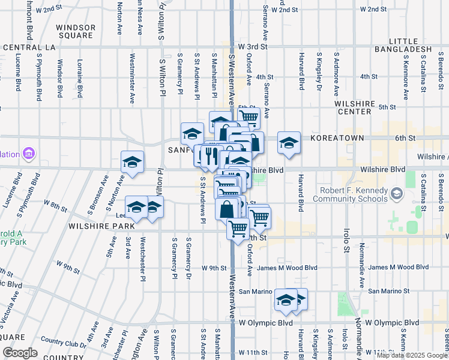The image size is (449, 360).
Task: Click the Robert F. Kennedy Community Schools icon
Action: coord(396,194)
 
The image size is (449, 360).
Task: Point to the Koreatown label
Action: coord(337,137)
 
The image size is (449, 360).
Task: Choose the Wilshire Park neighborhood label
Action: coord(101,227)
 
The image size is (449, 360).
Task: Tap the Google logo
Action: coord(20,353)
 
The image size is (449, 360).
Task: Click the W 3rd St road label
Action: coord(252,46)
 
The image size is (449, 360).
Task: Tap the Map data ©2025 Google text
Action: coord(411,355)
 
